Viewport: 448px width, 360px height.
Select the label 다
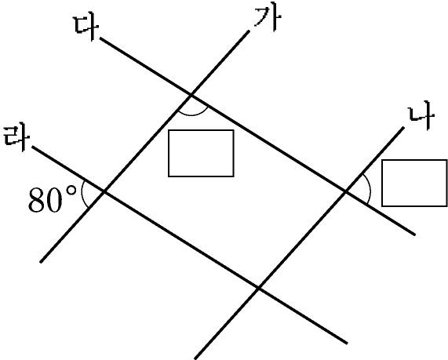(x=86, y=27)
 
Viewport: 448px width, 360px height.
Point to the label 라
(x=16, y=138)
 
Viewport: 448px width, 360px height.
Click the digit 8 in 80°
(x=37, y=200)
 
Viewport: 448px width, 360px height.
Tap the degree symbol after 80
(x=71, y=191)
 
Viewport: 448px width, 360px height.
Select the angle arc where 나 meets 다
(x=370, y=189)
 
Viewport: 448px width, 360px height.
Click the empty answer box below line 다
(x=201, y=154)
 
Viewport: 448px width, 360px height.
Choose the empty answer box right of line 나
(x=414, y=183)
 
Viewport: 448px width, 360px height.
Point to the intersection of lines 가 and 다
(x=191, y=95)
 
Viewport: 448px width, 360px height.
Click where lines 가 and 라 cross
(x=104, y=191)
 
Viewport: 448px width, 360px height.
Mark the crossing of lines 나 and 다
(x=346, y=191)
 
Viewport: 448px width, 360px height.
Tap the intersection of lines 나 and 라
(x=259, y=288)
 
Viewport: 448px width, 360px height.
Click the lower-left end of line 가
(x=40, y=262)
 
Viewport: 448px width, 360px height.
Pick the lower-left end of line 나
(x=195, y=358)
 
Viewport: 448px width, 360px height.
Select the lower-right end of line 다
(x=415, y=235)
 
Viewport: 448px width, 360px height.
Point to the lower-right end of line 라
(x=347, y=344)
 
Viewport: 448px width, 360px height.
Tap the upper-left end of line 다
(x=100, y=38)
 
